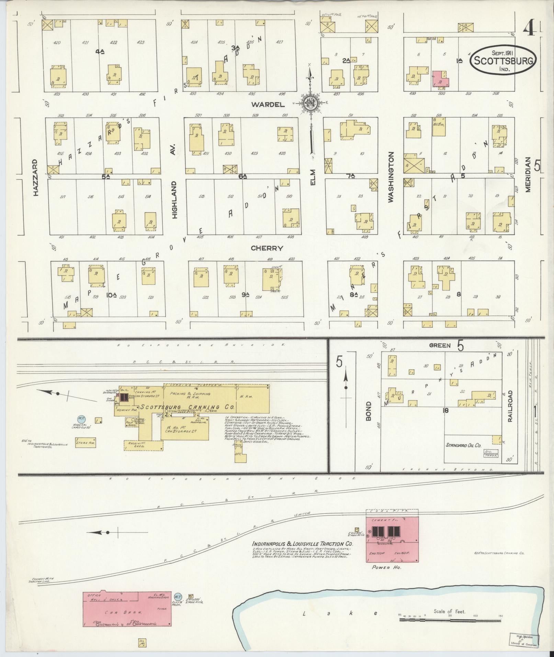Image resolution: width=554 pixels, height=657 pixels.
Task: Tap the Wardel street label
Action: pyautogui.click(x=268, y=104)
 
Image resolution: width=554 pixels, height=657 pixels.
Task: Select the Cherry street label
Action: pyautogui.click(x=267, y=248)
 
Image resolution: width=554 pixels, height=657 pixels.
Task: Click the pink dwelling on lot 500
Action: pyautogui.click(x=440, y=79)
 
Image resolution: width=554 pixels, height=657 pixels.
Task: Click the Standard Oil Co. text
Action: pyautogui.click(x=463, y=445)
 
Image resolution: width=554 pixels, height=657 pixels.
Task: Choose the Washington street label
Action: pyautogui.click(x=391, y=177)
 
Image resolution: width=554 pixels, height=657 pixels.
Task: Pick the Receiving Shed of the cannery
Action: pyautogui.click(x=144, y=445)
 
